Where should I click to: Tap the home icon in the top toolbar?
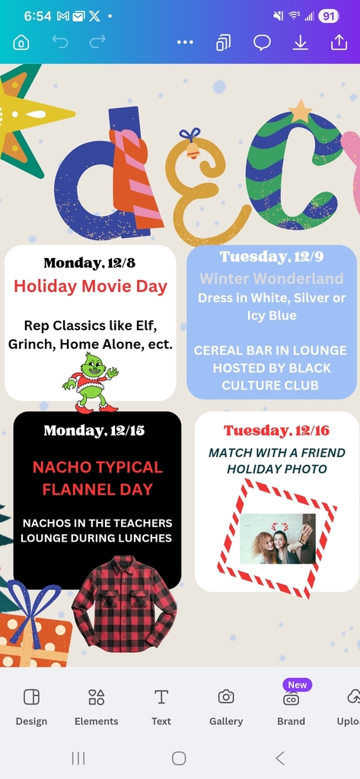[x=21, y=43]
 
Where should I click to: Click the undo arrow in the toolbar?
[x=60, y=43]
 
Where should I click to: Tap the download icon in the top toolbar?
[x=301, y=43]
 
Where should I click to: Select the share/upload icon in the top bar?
[x=339, y=43]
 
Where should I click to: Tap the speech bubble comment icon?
[x=262, y=43]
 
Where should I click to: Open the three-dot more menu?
[x=185, y=43]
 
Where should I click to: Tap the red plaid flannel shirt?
[x=124, y=604]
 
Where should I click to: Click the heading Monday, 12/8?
[x=90, y=263]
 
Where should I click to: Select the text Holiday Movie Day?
[x=91, y=287]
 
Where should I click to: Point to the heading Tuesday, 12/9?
[x=271, y=256]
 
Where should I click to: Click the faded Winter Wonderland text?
[x=272, y=278]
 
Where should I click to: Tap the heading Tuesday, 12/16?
[x=276, y=431]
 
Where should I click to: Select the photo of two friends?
[x=277, y=539]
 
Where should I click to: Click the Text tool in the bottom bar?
[x=161, y=706]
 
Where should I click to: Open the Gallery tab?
[x=226, y=706]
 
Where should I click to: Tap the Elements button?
[x=96, y=706]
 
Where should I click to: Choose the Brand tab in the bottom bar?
[x=291, y=706]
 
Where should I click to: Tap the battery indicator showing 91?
[x=329, y=16]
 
